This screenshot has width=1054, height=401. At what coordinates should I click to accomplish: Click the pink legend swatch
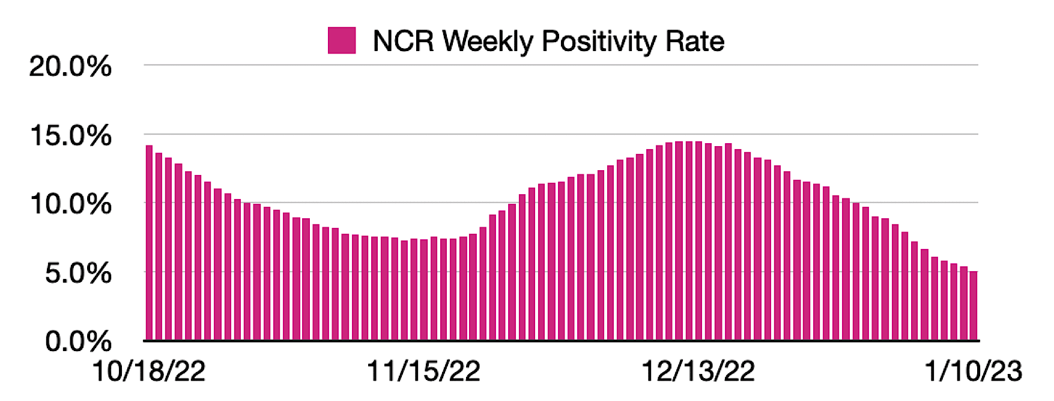341,41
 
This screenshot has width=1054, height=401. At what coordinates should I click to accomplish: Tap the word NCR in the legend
402,41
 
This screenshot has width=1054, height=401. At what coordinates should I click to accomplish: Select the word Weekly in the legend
488,42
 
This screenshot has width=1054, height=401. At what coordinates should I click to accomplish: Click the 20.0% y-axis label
70,66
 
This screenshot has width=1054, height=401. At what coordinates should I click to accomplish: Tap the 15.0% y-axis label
70,136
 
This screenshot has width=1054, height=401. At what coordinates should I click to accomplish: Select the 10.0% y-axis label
70,204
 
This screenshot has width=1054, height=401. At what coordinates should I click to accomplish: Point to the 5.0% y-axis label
78,274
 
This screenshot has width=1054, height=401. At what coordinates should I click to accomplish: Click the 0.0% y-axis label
78,341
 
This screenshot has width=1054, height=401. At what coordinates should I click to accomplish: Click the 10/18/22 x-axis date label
148,371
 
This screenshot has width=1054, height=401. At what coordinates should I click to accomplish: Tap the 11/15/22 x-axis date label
423,371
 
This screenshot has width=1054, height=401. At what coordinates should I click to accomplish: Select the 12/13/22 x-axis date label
698,371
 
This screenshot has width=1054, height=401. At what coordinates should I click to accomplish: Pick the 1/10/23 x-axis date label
973,371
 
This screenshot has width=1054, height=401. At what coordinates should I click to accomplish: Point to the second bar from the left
159,246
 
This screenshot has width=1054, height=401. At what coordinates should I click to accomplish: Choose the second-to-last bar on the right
964,303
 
